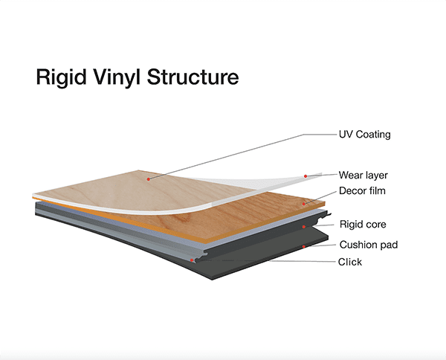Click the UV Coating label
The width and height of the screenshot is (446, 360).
(x=364, y=135)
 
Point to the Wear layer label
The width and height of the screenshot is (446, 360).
(x=363, y=176)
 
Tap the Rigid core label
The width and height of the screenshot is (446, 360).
(x=363, y=224)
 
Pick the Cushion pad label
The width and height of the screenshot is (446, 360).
(x=366, y=244)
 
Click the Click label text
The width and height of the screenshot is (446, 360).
(x=350, y=262)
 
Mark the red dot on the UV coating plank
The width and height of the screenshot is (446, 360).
(x=149, y=179)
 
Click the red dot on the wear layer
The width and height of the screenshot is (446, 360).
(x=305, y=176)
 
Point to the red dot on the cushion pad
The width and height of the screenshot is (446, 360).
(x=304, y=245)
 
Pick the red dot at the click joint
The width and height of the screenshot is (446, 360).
(x=193, y=260)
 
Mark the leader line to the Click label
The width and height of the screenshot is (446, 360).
(x=268, y=261)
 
